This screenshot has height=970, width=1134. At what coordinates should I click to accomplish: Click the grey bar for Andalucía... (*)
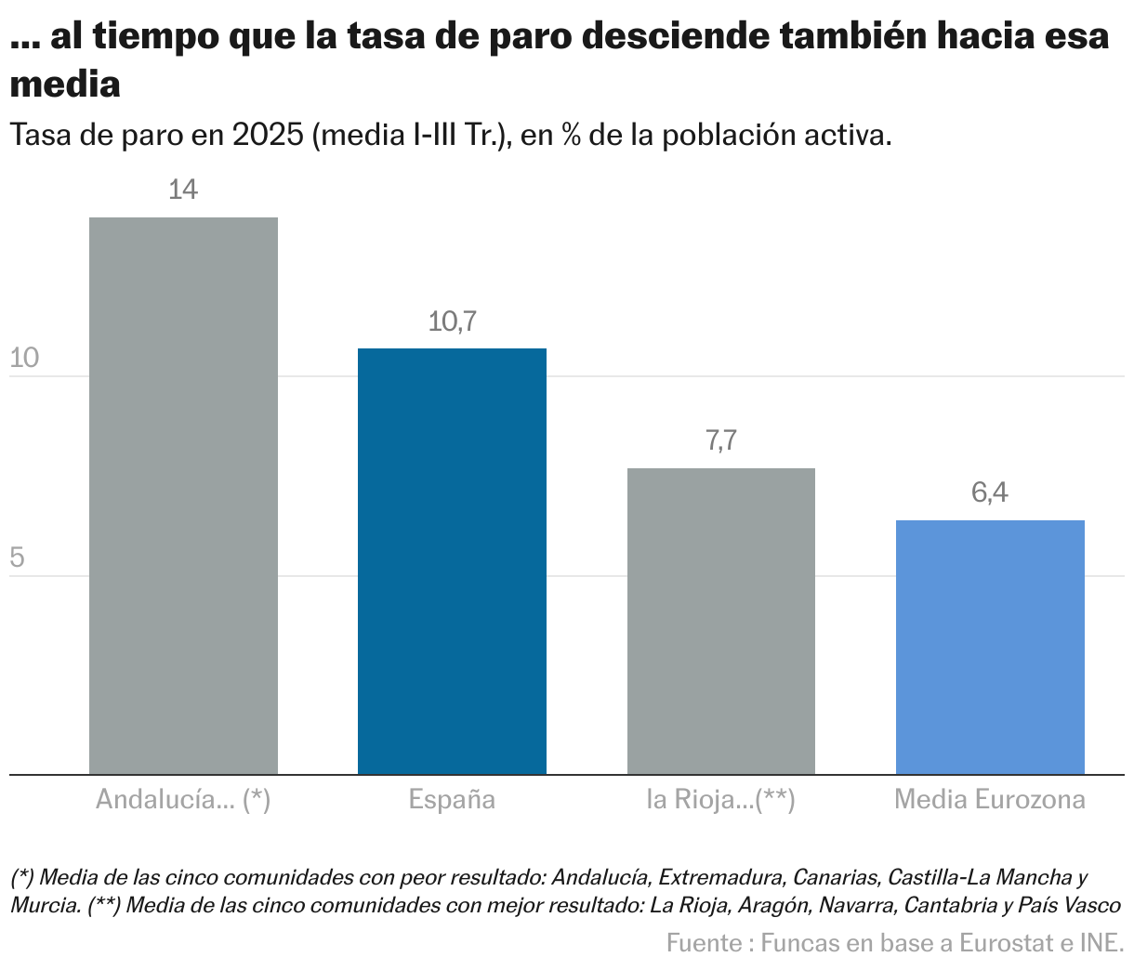pyautogui.click(x=183, y=495)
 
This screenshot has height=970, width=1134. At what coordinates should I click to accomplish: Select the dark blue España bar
pyautogui.click(x=452, y=561)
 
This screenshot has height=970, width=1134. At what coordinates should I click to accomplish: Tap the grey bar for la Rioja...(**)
pyautogui.click(x=721, y=621)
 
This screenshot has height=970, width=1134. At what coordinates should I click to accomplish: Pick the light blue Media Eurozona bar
pyautogui.click(x=990, y=647)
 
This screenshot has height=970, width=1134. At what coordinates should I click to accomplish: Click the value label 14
pyautogui.click(x=183, y=190)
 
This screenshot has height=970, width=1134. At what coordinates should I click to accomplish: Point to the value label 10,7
pyautogui.click(x=452, y=321)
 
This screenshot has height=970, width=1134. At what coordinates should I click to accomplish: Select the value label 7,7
pyautogui.click(x=721, y=440)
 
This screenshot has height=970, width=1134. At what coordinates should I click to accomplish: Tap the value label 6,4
pyautogui.click(x=990, y=492)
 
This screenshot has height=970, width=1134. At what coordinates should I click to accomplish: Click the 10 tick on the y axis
pyautogui.click(x=24, y=359)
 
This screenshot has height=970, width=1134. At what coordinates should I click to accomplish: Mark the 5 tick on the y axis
pyautogui.click(x=17, y=558)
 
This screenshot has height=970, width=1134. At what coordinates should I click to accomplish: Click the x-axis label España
pyautogui.click(x=452, y=800)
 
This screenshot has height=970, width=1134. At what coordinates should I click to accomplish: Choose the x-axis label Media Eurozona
pyautogui.click(x=990, y=800)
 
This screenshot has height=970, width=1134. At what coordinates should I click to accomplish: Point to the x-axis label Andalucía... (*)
pyautogui.click(x=183, y=800)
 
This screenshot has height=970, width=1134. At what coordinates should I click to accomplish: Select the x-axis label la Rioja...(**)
pyautogui.click(x=721, y=800)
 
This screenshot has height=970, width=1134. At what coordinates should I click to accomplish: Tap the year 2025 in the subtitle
pyautogui.click(x=268, y=135)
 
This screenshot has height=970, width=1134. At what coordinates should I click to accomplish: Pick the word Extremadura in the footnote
pyautogui.click(x=720, y=877)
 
